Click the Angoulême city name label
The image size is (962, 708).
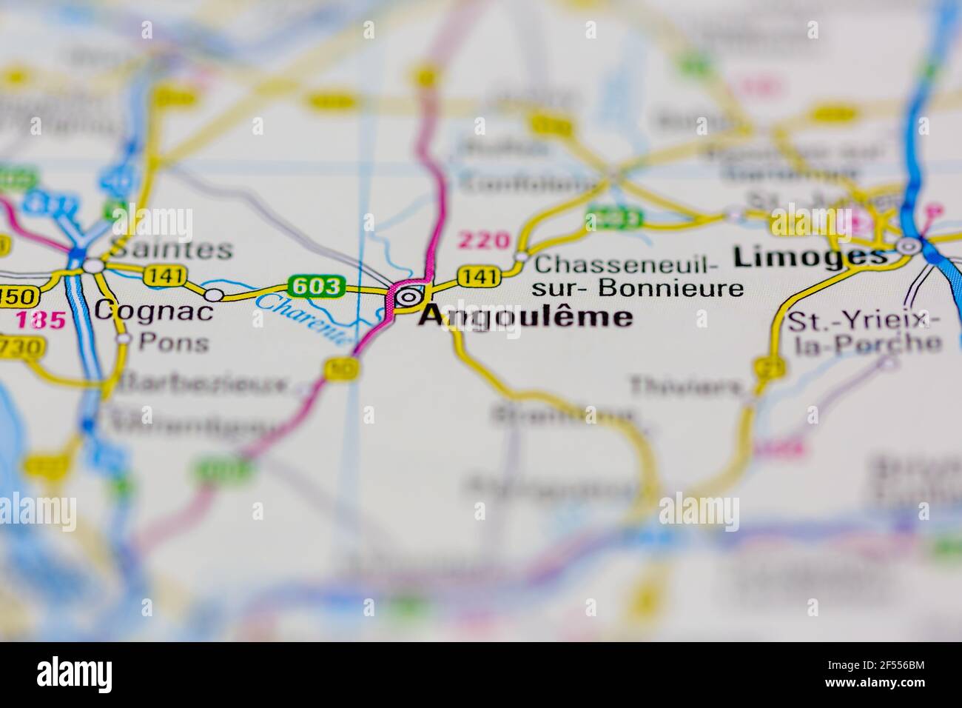pos(525,317)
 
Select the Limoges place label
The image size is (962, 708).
pos(810,257)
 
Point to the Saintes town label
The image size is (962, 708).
pos(170,250)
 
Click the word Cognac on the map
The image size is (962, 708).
pos(155,310)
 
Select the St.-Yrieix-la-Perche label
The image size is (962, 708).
pos(864,332)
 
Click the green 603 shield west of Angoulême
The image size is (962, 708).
pos(317,286)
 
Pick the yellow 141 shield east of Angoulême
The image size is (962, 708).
pos(479,276)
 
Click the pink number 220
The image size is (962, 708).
pos(484,240)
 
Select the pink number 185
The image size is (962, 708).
pos(41,321)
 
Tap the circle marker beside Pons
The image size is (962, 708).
pos(124,339)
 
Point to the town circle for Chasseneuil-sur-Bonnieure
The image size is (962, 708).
pos(522,257)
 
